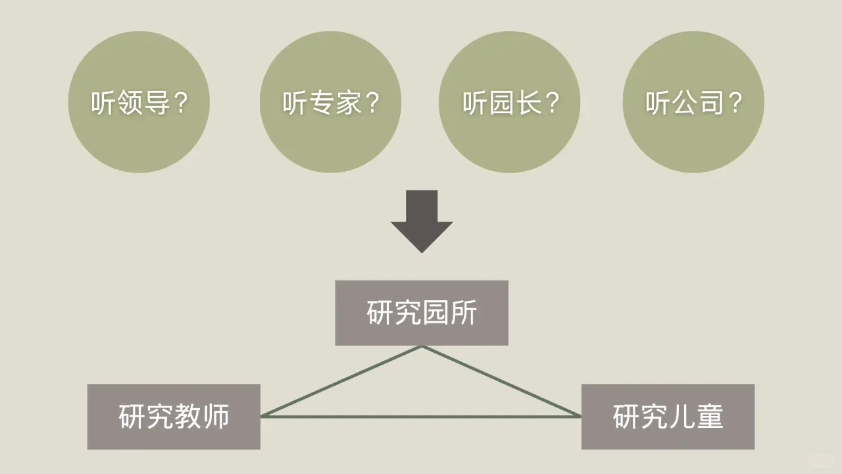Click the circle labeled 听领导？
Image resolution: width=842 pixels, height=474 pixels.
139,102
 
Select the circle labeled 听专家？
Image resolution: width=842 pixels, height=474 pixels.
330,102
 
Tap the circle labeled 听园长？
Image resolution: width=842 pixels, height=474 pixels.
509,102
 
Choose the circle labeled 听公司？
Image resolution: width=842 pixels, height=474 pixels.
693,102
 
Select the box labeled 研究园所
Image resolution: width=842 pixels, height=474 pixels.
422,313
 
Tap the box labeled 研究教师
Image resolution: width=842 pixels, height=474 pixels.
174,417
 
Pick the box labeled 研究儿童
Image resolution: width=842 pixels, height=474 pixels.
668,417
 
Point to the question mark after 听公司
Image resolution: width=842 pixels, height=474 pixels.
735,103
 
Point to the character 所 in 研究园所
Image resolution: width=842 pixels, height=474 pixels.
463,313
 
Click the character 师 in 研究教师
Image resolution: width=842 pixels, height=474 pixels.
216,417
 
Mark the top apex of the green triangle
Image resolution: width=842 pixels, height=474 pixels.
422,347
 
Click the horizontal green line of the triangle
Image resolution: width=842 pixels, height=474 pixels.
421,417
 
